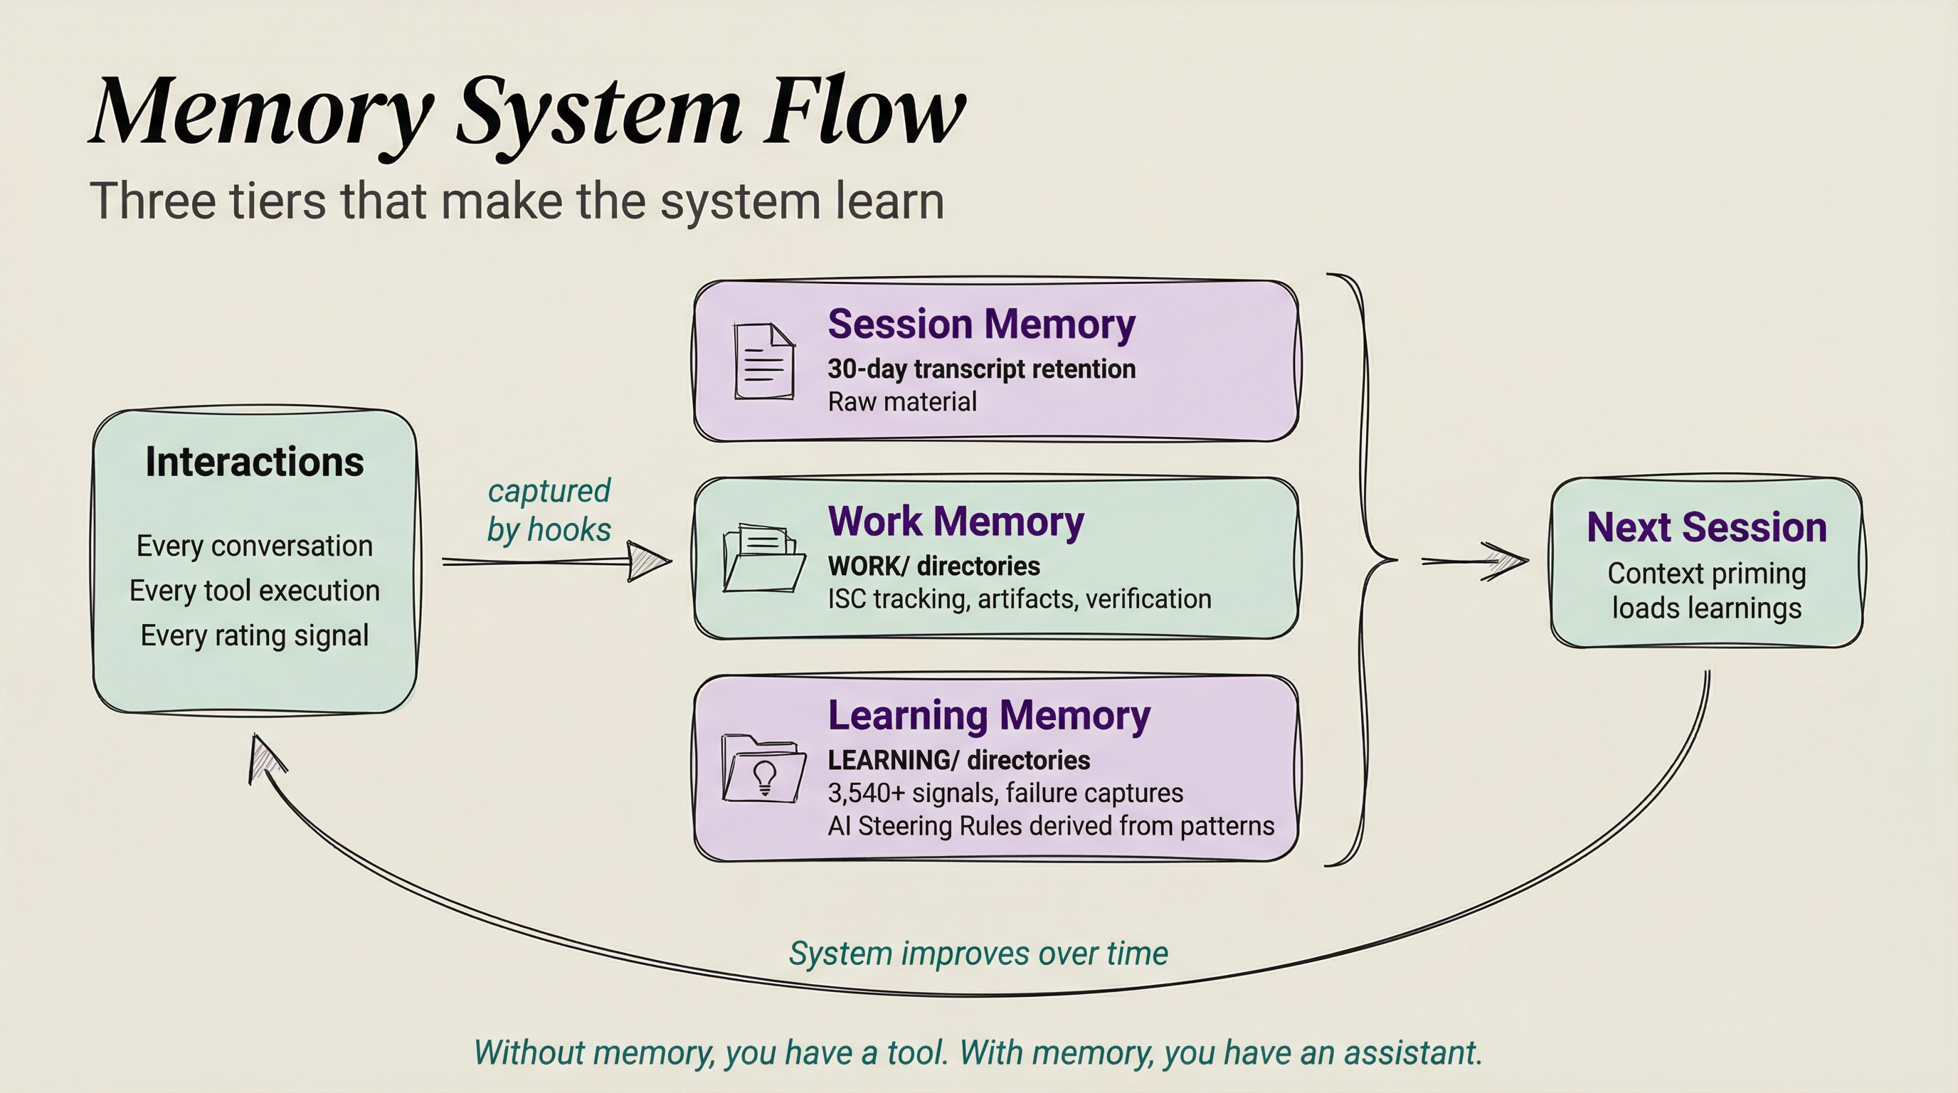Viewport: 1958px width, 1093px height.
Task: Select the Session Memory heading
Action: click(981, 324)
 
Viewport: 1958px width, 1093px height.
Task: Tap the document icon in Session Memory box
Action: click(764, 361)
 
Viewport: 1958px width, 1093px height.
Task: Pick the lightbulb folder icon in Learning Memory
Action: click(764, 768)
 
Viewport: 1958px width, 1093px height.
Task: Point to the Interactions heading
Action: click(255, 461)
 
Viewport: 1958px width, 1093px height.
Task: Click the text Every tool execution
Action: click(255, 591)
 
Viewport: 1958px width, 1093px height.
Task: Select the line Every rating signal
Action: click(255, 635)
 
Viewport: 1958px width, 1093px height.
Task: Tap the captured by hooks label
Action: click(549, 510)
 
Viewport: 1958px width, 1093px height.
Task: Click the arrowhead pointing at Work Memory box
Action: click(649, 561)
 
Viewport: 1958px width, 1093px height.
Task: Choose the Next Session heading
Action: click(1707, 527)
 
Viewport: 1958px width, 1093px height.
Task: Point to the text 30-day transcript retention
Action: click(981, 369)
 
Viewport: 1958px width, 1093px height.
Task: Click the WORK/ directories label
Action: click(933, 566)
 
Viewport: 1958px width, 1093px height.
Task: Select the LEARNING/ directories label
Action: click(958, 760)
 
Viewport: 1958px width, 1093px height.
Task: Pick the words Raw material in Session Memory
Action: click(902, 402)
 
